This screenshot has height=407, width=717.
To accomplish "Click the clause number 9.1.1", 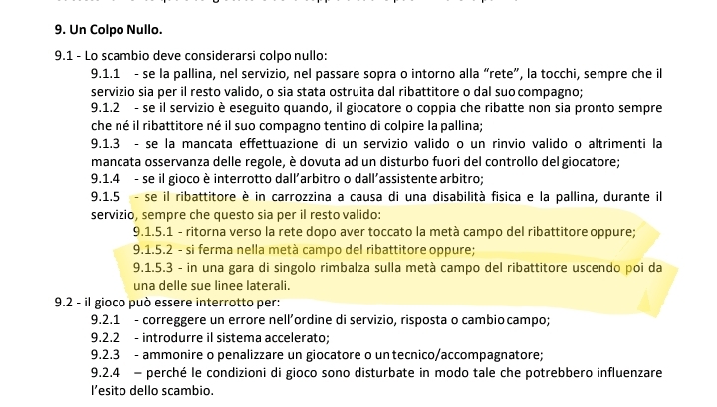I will pyautogui.click(x=105, y=74).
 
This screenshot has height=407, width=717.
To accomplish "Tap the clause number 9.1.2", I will pyautogui.click(x=105, y=107).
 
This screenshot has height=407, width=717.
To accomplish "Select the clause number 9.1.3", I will pyautogui.click(x=105, y=142).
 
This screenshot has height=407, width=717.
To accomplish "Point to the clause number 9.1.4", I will pyautogui.click(x=105, y=177).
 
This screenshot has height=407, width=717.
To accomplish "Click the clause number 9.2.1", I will pyautogui.click(x=105, y=320).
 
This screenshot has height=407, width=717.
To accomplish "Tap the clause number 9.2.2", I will pyautogui.click(x=105, y=338).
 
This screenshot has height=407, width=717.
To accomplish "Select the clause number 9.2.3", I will pyautogui.click(x=105, y=356).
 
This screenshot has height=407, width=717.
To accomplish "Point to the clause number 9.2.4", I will pyautogui.click(x=105, y=374).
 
